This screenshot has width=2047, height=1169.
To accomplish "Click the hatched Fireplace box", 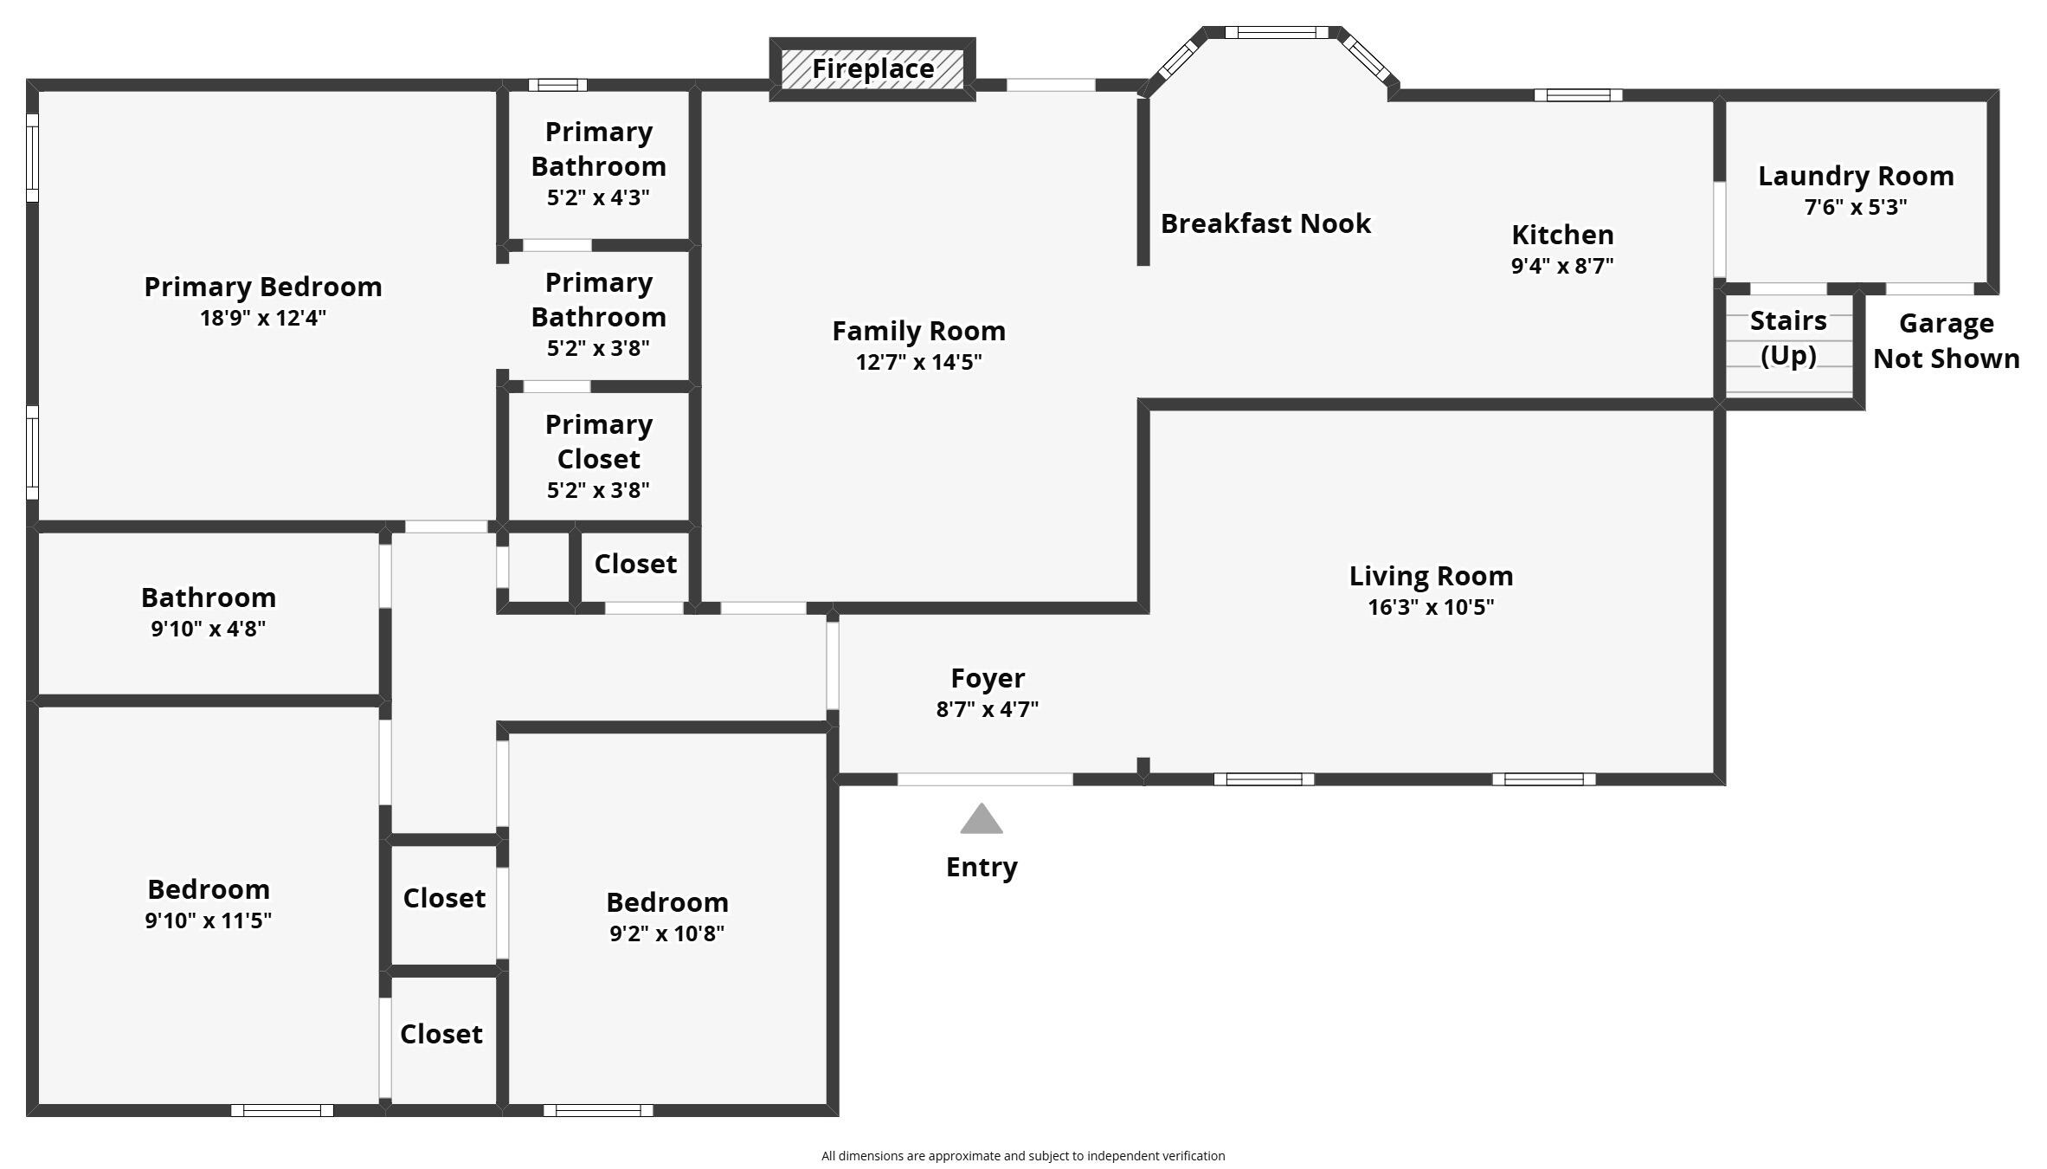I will coord(872,69).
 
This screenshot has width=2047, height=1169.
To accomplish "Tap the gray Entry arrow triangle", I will coord(981,819).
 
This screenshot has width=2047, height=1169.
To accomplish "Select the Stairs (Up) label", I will coord(1788,338).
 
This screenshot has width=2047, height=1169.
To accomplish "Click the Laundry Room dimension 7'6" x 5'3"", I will coord(1856,207).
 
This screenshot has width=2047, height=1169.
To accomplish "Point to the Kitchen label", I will coord(1562,235).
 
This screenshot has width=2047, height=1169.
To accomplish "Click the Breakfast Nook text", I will coord(1265,223).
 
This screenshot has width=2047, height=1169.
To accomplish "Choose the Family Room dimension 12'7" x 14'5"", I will coord(918,362).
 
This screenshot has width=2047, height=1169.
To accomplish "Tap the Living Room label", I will coord(1431,576).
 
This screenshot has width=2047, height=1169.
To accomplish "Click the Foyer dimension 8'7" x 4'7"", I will coord(987,709).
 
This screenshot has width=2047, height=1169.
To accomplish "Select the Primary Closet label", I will coord(598,442).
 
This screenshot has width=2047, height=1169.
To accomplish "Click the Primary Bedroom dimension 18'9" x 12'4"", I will coord(262,318).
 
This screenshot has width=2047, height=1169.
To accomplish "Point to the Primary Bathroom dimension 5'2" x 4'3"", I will coord(598,197).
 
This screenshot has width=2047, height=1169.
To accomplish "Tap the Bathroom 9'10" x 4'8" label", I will coord(209,597).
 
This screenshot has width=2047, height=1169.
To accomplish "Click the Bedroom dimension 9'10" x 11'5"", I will coord(209,920).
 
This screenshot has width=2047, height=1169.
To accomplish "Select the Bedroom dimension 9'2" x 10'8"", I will coord(666,933).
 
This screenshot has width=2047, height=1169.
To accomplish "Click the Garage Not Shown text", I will coord(1946,340).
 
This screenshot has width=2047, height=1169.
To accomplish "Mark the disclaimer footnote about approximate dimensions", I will coord(1022,1156).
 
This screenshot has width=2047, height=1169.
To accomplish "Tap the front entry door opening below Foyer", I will coord(985,779).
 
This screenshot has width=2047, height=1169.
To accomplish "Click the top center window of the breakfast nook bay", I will coord(1276,33).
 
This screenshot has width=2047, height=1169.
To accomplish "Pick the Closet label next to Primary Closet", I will coord(635,564).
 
